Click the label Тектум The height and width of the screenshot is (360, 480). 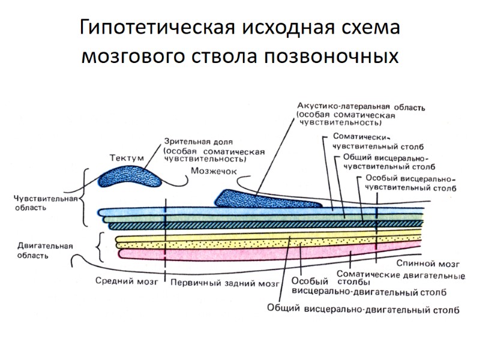click(x=127, y=158)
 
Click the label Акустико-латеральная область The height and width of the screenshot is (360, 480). click(x=361, y=107)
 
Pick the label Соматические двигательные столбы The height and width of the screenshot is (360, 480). click(x=401, y=277)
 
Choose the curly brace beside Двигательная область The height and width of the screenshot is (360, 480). click(x=98, y=247)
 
